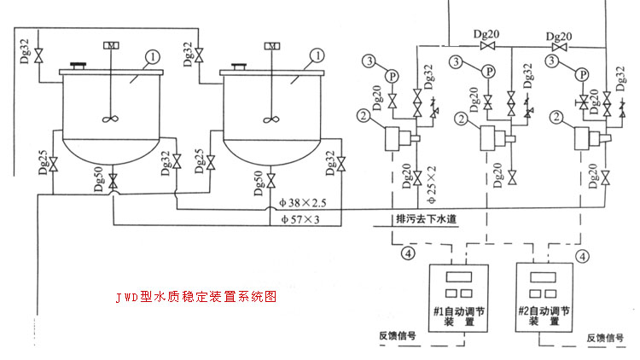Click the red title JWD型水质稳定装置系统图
point(196,299)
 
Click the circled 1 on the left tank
point(151,56)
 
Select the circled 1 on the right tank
point(317,56)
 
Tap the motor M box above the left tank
point(111,45)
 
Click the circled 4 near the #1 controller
point(408,253)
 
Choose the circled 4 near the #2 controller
point(584,253)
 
